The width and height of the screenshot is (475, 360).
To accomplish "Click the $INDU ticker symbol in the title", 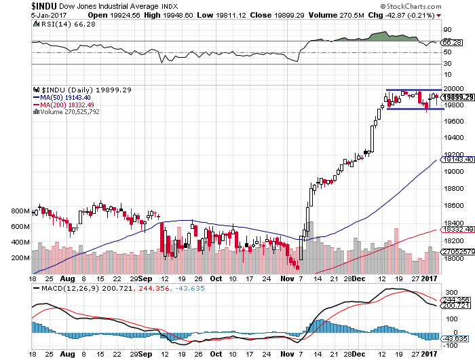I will (16, 5).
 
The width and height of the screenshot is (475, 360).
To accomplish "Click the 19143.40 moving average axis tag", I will (457, 159).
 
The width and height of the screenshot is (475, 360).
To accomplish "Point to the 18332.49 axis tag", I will (457, 230).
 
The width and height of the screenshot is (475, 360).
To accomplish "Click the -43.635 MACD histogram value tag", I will (455, 338).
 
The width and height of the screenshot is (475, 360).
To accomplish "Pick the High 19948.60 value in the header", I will (151, 15).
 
